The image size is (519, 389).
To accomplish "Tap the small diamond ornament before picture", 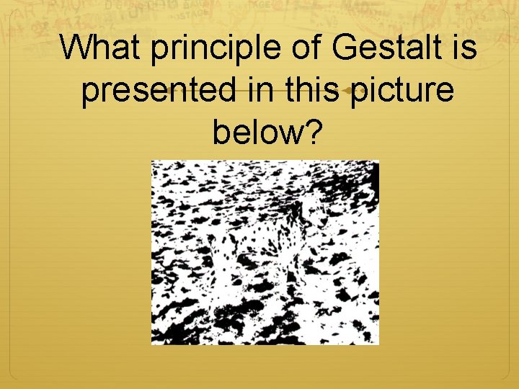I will [349, 91].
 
